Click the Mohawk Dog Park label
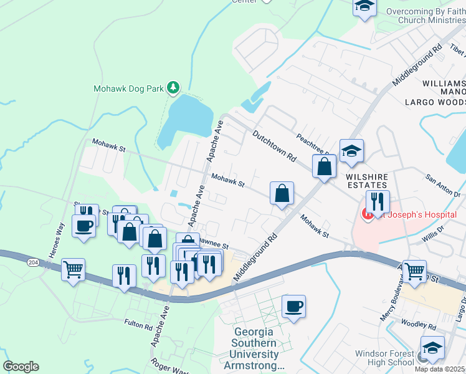(x=128, y=89)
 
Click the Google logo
(x=21, y=367)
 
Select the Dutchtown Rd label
(x=274, y=146)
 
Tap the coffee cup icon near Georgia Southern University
(x=293, y=306)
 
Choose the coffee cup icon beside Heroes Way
(x=83, y=225)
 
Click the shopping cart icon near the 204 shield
(x=74, y=270)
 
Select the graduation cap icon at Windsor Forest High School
(x=432, y=348)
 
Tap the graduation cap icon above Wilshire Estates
(x=351, y=150)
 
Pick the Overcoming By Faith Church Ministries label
(x=426, y=16)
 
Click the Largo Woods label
(x=435, y=102)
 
